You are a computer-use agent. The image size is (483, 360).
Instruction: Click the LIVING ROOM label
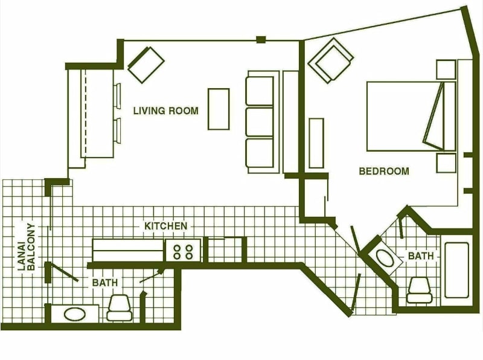coord(165,111)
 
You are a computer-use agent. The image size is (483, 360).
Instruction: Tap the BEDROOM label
coord(384,171)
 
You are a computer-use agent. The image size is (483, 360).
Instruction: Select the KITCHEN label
coord(165,226)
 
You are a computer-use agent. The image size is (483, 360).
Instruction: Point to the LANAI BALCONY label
coord(27,247)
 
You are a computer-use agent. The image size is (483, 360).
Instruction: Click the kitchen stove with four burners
coord(184,251)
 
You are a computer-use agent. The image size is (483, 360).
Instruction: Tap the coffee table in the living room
coord(219,109)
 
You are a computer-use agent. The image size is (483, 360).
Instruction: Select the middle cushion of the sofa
coord(260,121)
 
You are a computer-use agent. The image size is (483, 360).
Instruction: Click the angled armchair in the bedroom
coord(331,60)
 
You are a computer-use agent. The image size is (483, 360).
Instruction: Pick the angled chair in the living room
coord(146,65)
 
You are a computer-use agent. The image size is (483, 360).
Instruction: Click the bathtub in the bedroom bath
coord(457,271)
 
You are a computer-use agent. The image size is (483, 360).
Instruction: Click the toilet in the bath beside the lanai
coord(119,307)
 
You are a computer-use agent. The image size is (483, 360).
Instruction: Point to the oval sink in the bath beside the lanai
coord(74,314)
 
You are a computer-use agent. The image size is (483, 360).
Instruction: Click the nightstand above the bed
coord(446,69)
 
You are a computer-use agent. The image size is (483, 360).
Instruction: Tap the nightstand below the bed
coord(446,163)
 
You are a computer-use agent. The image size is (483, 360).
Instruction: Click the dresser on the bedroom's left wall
coord(316,143)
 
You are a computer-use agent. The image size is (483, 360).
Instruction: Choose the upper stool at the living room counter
coord(117,95)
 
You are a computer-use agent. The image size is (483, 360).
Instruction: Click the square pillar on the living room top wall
coord(261,39)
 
